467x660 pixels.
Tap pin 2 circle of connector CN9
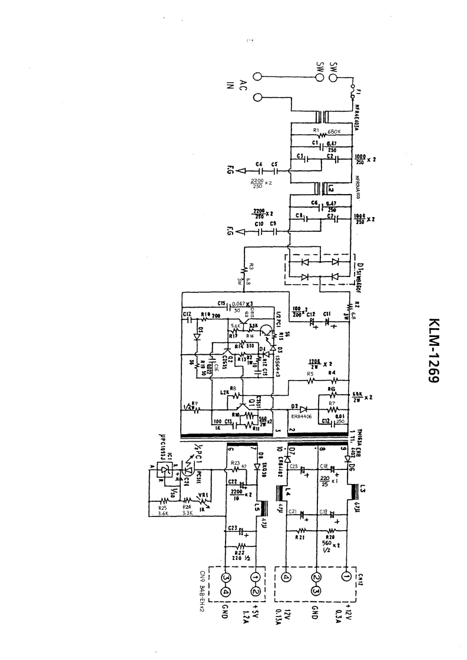coord(256,591)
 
